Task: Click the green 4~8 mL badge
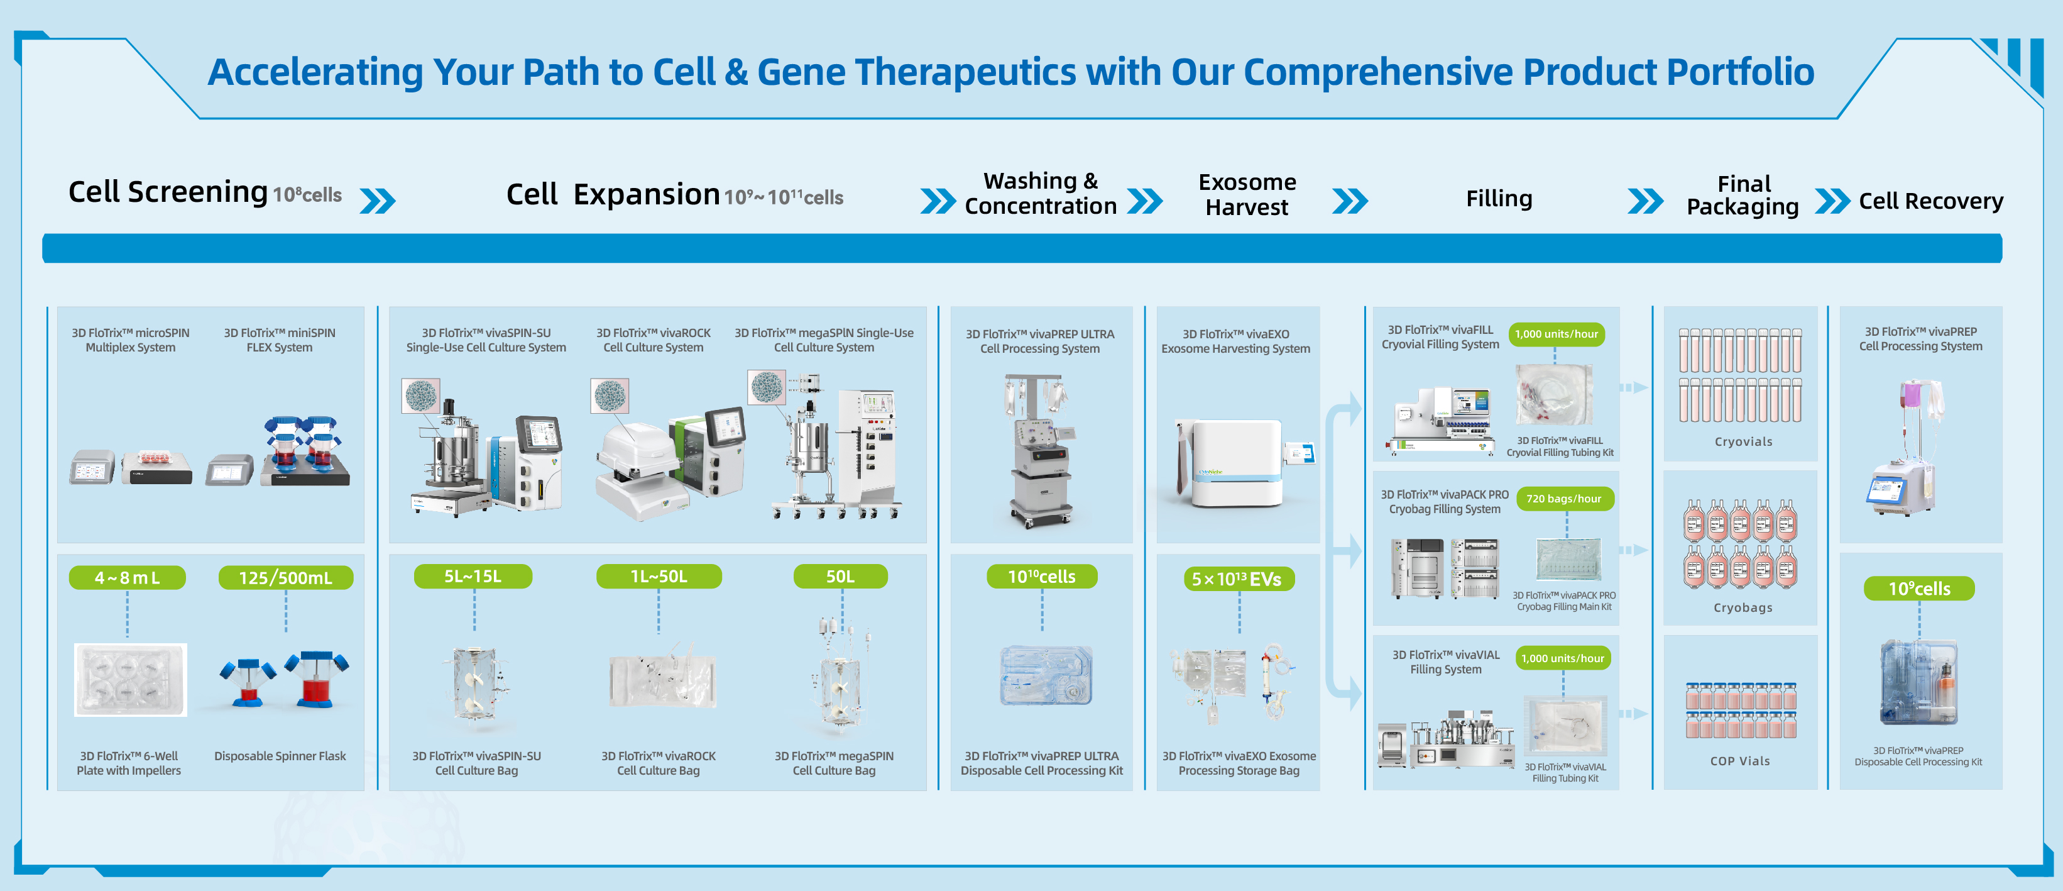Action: click(128, 578)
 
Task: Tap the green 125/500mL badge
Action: click(285, 578)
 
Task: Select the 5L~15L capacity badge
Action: click(473, 576)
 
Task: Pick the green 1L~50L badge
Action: click(659, 576)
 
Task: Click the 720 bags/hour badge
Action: click(1563, 499)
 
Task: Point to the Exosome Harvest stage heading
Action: click(1247, 195)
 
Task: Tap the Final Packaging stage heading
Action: click(1743, 196)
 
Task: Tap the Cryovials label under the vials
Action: click(1743, 441)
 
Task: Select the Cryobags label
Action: click(1743, 607)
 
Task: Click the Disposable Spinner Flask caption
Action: click(280, 756)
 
